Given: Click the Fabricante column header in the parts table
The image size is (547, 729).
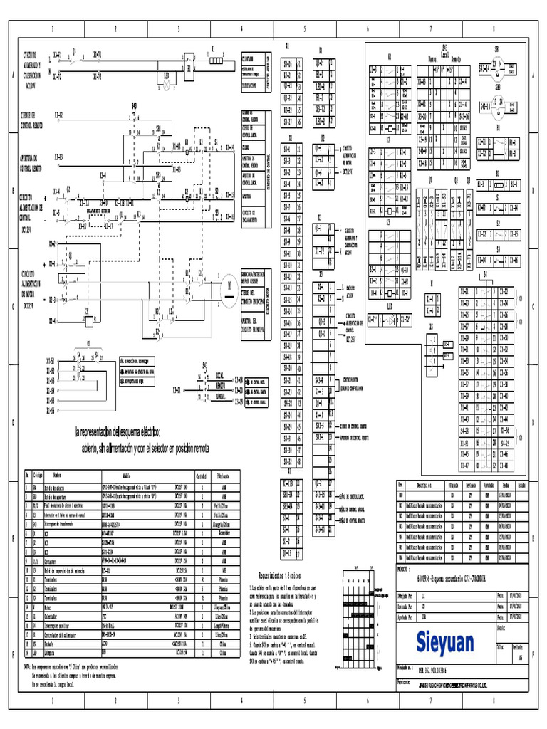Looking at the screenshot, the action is coord(222,476).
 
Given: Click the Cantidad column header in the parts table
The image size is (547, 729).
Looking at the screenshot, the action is coord(201,476).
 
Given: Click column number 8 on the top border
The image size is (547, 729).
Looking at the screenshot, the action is coord(494,29).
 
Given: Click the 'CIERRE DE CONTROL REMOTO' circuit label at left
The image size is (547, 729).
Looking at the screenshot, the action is coord(33,118).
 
